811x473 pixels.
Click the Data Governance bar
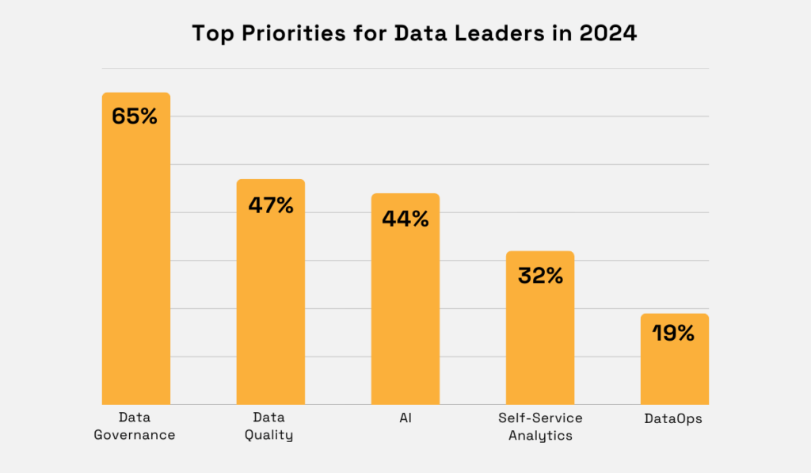135,261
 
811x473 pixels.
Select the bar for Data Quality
270,305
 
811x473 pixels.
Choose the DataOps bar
674,368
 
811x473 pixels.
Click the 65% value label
135,116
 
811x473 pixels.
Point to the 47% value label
270,205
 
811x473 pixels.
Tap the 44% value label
405,219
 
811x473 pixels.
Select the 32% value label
540,276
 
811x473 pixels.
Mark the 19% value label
674,334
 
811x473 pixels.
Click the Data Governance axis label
135,425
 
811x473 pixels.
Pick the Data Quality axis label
270,425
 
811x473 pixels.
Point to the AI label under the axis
405,417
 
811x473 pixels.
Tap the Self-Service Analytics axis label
539,425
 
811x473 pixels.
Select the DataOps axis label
675,418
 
